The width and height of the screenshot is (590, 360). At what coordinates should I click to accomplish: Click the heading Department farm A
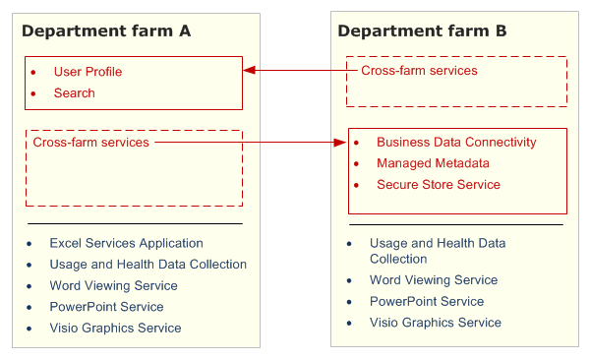pos(106,30)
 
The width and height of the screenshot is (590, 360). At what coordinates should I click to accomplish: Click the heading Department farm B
pos(422,31)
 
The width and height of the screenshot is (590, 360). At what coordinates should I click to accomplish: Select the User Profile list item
pos(88,72)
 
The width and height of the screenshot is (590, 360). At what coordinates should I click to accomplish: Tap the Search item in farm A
pos(75,93)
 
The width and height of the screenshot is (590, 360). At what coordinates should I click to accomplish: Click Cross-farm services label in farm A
pos(91,143)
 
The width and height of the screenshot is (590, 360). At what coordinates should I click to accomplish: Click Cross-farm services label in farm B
pos(419,71)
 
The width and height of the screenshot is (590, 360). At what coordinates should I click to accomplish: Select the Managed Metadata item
pos(433,163)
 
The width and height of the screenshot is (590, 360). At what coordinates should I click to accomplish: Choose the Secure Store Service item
pos(438,185)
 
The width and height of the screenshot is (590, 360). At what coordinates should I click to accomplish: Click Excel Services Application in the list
pos(126,243)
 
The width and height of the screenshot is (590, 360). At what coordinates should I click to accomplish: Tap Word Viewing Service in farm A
pos(113,285)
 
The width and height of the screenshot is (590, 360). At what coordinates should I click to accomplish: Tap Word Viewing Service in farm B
pos(433,280)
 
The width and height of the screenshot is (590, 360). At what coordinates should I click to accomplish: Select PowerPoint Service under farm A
pos(106,307)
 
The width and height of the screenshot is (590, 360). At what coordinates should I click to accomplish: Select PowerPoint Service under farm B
pos(427,301)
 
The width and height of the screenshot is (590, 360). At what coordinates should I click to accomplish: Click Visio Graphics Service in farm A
pos(115,328)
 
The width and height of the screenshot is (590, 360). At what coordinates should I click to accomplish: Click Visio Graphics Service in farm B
pos(436,323)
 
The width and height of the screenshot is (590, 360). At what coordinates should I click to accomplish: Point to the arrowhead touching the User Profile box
pos(250,71)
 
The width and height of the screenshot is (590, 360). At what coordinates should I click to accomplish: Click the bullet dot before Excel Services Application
pos(29,243)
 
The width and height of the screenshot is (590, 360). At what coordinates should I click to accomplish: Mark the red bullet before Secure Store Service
pos(357,185)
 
